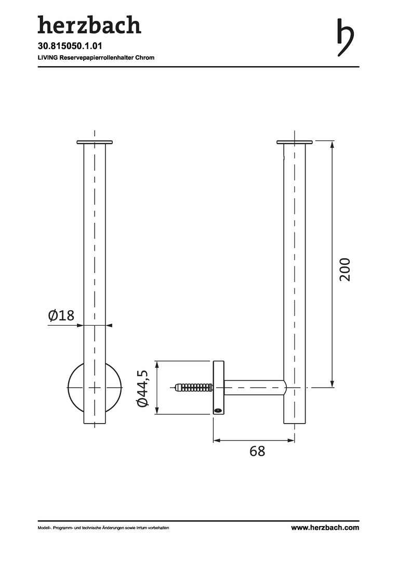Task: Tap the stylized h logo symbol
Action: [x=345, y=37]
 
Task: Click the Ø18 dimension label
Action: [x=61, y=315]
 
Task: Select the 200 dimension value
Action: [x=345, y=270]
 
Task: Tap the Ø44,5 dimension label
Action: [x=142, y=388]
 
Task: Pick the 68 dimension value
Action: [x=257, y=451]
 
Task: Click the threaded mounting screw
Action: [x=194, y=388]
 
